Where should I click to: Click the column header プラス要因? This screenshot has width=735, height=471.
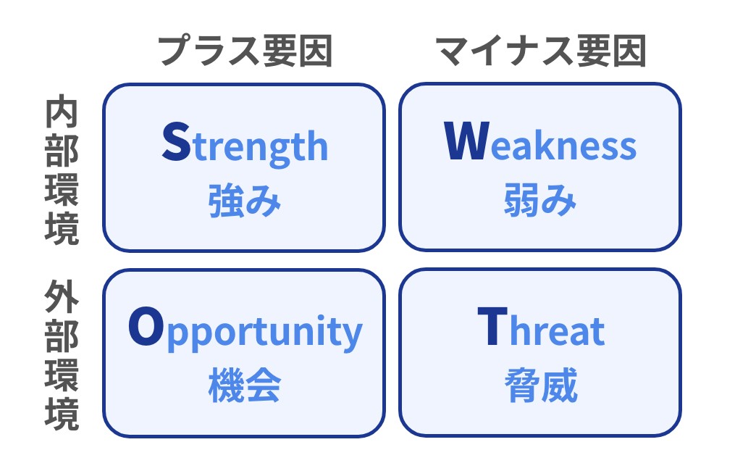245,50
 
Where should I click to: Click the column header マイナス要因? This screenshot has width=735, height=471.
541,50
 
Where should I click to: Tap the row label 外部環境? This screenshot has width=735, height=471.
62,355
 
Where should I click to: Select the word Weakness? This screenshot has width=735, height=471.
540,142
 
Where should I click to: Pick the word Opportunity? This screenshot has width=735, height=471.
245,329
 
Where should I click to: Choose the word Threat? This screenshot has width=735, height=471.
541,327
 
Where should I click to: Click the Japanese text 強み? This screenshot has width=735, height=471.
244,201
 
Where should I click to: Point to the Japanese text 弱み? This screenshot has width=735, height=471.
540,200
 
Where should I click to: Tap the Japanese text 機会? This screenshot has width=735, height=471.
244,385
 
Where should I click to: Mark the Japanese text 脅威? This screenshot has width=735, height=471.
541,385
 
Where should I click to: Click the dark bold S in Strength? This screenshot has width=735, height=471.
176,142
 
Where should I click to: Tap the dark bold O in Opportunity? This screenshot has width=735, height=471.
146,327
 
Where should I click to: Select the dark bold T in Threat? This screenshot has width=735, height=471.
492,327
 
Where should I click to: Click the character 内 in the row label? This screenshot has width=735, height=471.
62,112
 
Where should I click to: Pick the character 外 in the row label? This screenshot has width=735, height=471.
62,297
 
